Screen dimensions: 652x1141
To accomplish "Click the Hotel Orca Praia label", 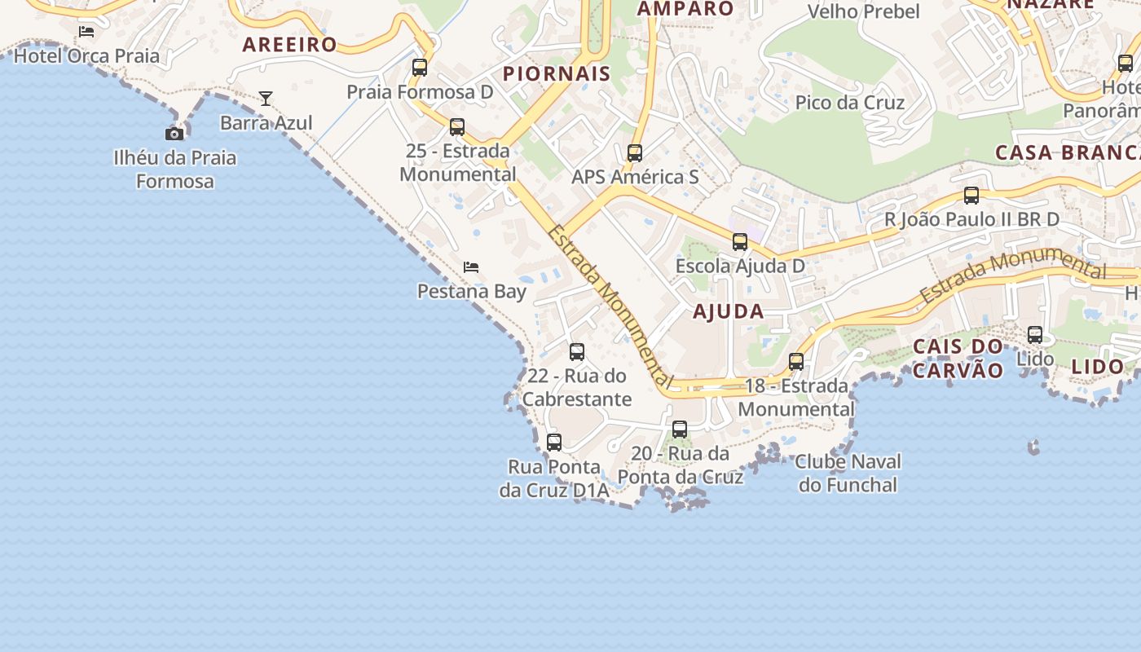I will coord(86,56).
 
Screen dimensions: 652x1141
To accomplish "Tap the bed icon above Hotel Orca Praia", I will coord(86,32).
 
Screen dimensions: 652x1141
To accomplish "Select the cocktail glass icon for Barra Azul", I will coord(266,99).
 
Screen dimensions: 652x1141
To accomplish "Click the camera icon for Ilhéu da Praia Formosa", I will coord(174,134).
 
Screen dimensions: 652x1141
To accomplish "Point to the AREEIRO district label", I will coord(289,45).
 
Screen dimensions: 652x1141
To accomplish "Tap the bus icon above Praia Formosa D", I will coord(420,68).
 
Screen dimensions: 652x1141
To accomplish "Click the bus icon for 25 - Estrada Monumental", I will coord(457,127).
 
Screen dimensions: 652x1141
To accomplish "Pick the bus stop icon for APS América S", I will coord(635,152).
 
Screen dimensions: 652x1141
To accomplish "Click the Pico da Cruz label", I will coord(850,103).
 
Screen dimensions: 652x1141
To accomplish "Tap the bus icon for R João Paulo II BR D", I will coord(971,196).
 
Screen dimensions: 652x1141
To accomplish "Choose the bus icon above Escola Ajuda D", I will coord(740,242).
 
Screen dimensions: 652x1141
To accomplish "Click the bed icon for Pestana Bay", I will coord(471,267).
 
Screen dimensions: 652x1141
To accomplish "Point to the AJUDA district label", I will coord(729,311).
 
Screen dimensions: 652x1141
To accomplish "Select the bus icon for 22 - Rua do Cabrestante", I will coord(577,352).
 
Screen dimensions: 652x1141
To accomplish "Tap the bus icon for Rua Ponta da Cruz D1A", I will coord(554,443).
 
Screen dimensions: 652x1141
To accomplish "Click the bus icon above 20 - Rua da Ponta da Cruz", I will coord(680,430).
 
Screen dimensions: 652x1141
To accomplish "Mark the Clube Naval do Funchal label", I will coord(848,473).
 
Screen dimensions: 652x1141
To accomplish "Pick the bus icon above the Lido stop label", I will coord(1035,334).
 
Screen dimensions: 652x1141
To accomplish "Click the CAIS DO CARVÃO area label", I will coord(958,358).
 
